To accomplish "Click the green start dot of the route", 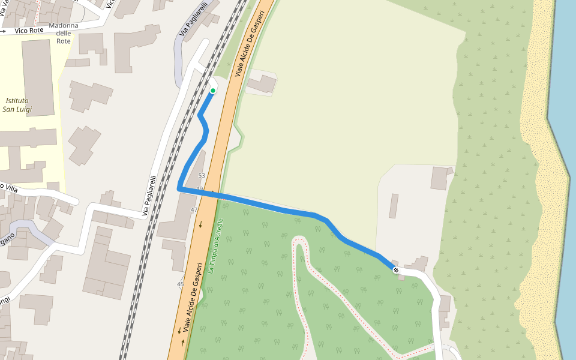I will [x=212, y=91].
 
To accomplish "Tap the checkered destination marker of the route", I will [x=396, y=270].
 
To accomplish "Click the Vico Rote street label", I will [x=29, y=30].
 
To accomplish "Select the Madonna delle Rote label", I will [x=64, y=33].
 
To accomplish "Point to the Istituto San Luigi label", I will [x=17, y=105].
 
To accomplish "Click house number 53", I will [x=202, y=176].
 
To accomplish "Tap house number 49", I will [x=199, y=189].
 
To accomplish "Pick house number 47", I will [x=194, y=209].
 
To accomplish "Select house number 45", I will [x=181, y=284].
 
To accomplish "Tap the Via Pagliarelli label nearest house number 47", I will [x=149, y=196].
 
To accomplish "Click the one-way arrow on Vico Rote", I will [x=4, y=30].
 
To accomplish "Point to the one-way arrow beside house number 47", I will [x=201, y=224].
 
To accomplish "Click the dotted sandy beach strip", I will [x=540, y=180].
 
